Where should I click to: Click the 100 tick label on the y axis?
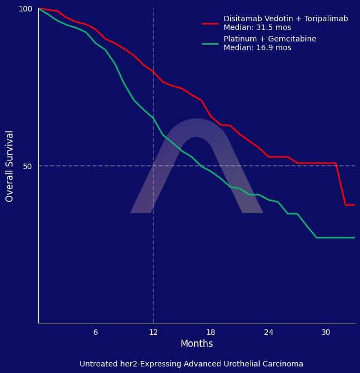tap(26, 9)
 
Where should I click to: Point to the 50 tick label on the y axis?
tap(27, 166)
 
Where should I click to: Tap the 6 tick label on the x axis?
tap(95, 332)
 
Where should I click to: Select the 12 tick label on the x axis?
tap(153, 332)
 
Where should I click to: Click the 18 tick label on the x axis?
tap(211, 332)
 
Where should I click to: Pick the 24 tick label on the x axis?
tap(268, 332)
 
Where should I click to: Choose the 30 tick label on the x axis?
tap(326, 332)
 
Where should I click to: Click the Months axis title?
tap(196, 344)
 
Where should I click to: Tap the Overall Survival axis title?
tap(10, 166)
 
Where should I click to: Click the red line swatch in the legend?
tap(210, 23)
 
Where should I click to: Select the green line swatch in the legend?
tap(210, 44)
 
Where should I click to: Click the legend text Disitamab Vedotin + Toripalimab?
tap(285, 19)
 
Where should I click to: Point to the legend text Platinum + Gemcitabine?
tap(269, 39)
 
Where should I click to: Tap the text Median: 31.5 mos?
tap(257, 28)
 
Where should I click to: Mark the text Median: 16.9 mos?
tap(257, 48)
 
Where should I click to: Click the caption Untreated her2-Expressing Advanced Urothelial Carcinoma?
tap(191, 364)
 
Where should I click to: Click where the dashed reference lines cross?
tap(153, 166)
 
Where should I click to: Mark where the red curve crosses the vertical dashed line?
tap(153, 72)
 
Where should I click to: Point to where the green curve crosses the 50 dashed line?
tap(201, 166)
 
